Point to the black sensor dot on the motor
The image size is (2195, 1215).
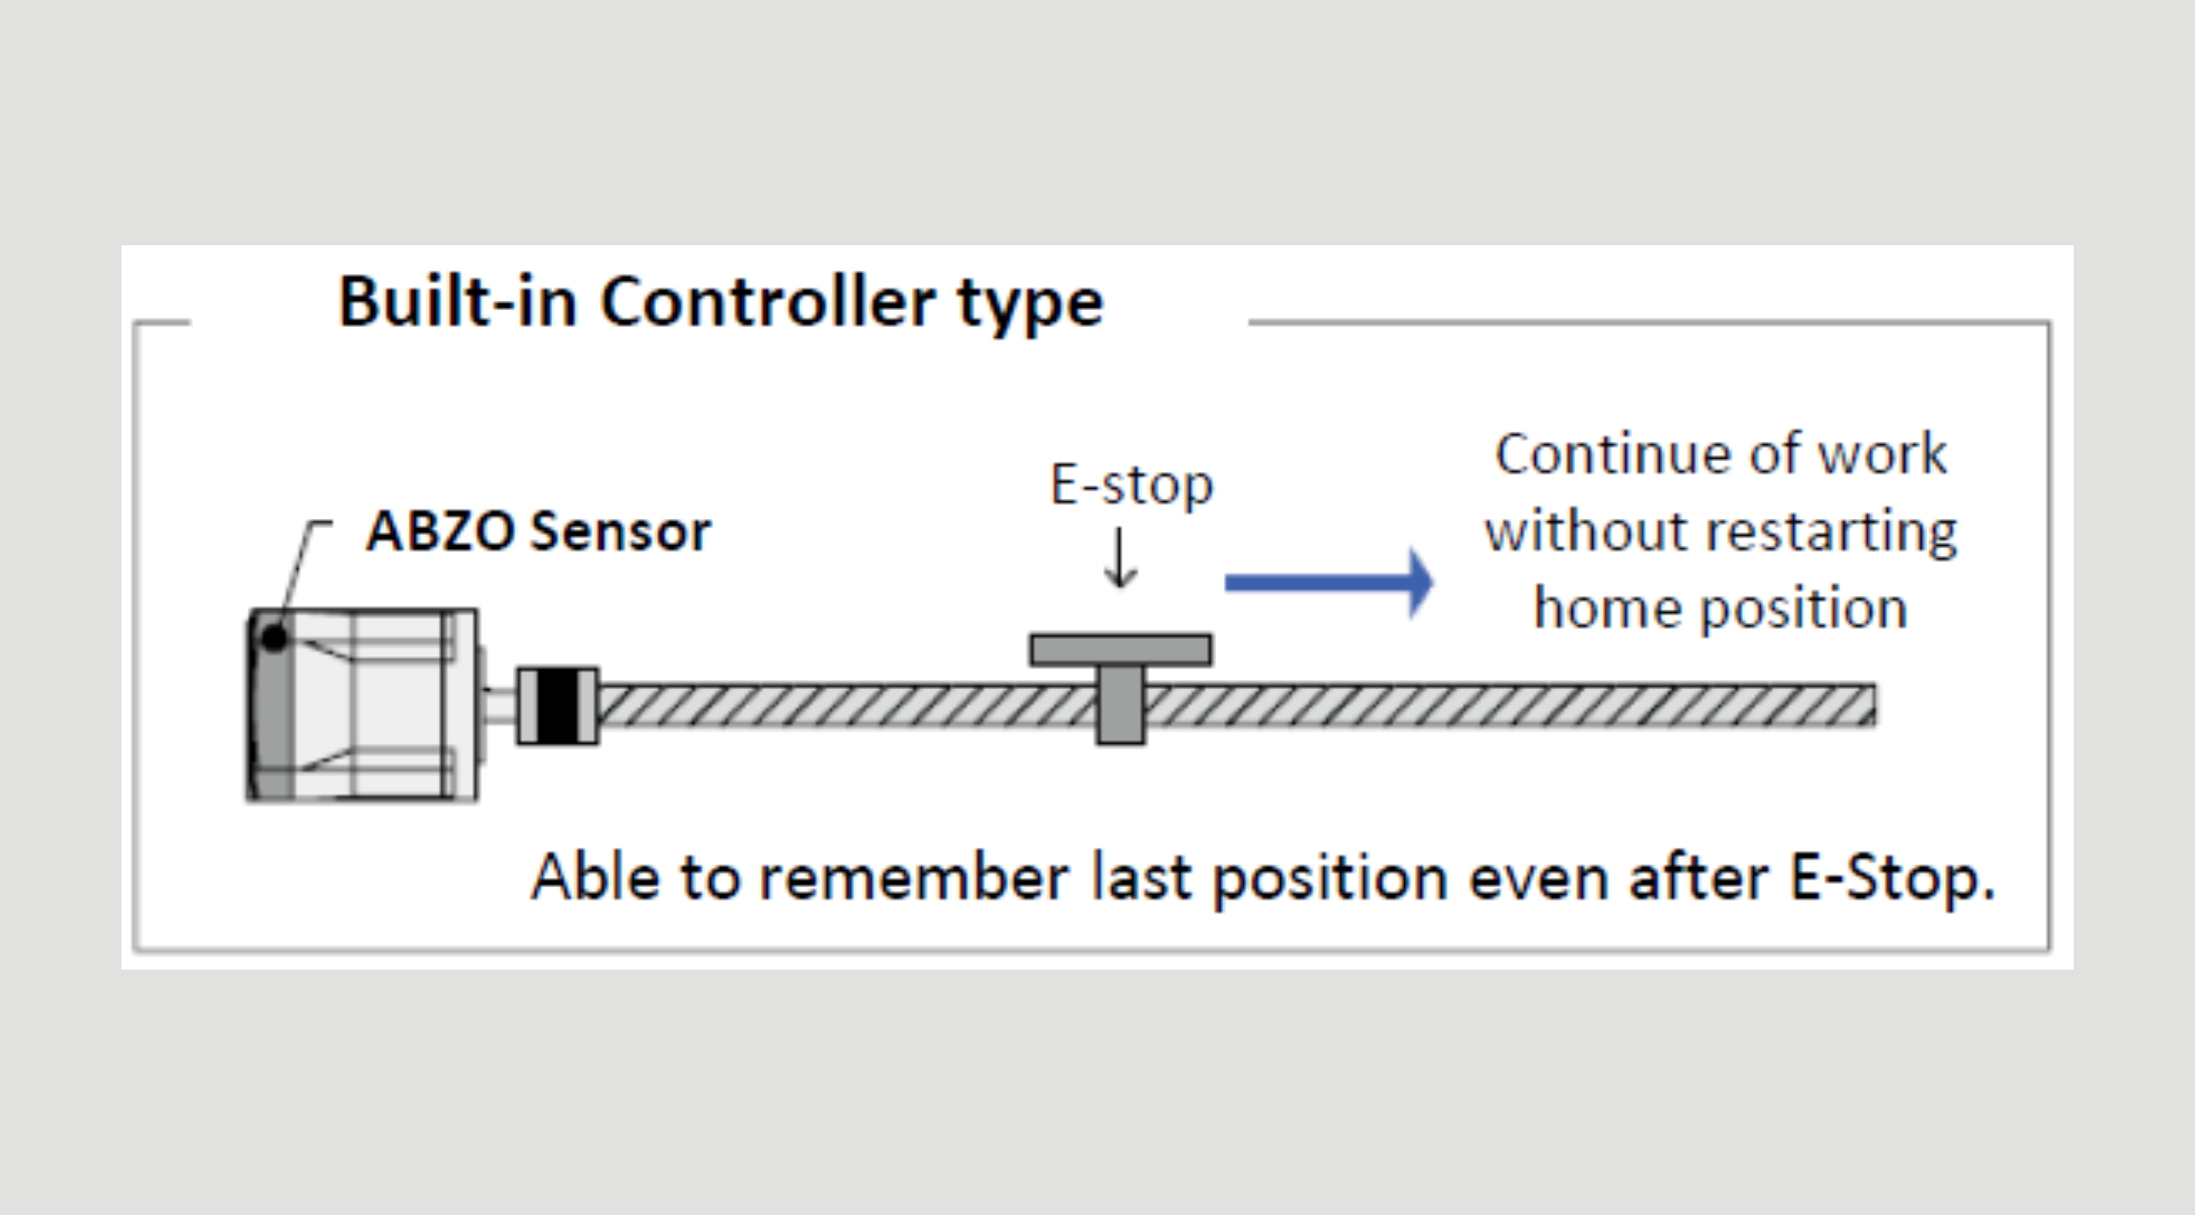click(273, 637)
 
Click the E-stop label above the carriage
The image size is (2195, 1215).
click(1132, 485)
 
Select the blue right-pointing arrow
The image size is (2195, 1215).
click(1329, 583)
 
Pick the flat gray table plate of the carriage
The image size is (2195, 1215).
click(1120, 649)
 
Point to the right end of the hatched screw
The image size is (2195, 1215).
click(1875, 706)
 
